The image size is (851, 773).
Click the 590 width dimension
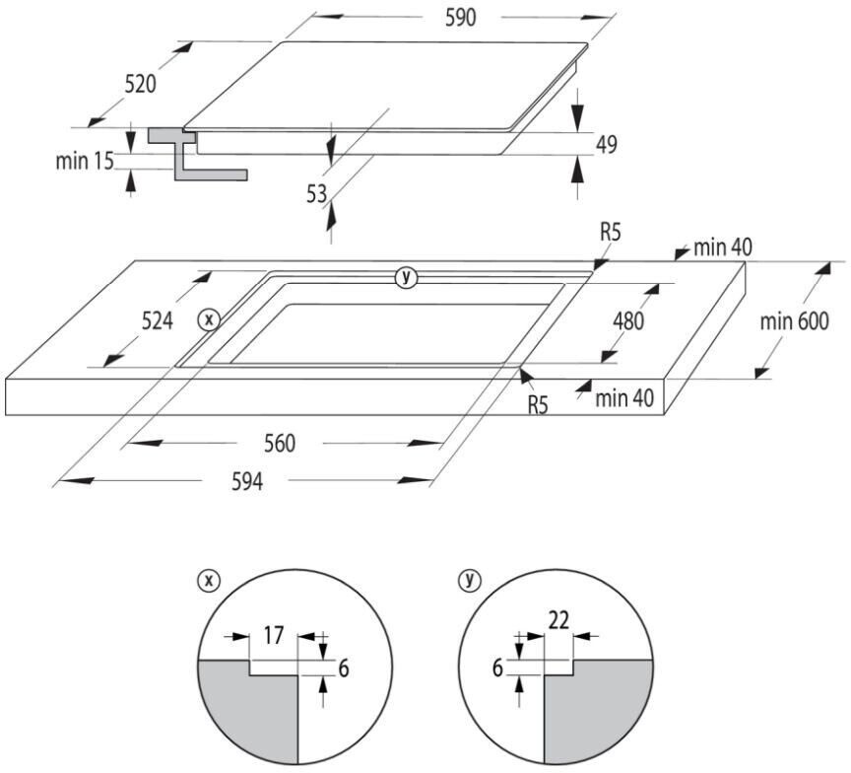460,18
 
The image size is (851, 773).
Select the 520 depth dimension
140,85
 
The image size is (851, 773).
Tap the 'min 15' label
85,160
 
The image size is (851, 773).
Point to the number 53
316,195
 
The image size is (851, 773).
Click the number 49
606,145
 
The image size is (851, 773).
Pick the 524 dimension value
157,320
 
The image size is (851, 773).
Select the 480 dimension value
629,320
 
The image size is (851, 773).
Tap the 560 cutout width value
279,444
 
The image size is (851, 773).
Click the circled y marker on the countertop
405,277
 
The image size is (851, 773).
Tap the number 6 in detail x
343,668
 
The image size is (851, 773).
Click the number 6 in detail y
498,668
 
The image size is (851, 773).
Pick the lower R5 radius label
538,404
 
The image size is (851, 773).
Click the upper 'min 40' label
722,246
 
